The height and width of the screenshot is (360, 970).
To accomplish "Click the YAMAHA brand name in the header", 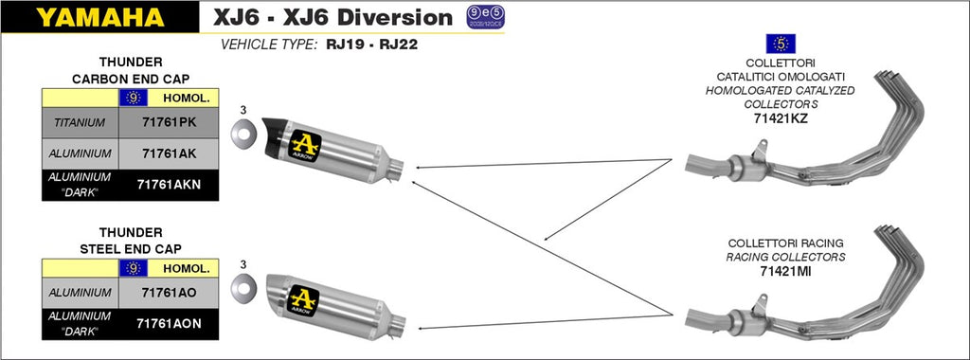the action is (100, 17).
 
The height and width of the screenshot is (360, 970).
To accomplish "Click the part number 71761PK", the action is (169, 122).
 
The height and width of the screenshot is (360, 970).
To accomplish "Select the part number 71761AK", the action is (169, 153).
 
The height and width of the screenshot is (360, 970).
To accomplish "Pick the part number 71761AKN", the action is (169, 184).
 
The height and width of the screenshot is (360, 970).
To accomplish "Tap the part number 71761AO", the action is (169, 293).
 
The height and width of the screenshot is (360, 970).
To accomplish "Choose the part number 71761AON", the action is (169, 323).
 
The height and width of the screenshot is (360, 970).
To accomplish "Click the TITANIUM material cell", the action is (80, 122).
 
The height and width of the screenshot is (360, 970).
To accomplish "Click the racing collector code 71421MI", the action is (785, 270).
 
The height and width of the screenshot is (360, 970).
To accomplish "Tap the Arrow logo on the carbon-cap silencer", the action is (304, 145).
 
